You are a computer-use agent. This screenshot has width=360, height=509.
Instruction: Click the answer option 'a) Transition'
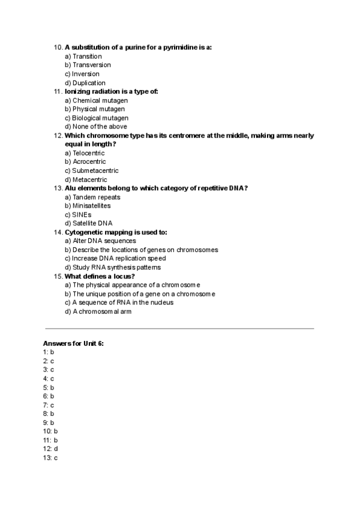pyautogui.click(x=83, y=56)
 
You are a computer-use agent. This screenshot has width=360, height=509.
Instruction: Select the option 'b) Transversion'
pyautogui.click(x=88, y=65)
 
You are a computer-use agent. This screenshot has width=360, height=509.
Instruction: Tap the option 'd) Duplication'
pyautogui.click(x=85, y=83)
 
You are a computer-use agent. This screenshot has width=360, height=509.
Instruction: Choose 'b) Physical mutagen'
pyautogui.click(x=95, y=109)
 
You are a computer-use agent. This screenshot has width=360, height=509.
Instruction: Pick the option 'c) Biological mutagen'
pyautogui.click(x=96, y=118)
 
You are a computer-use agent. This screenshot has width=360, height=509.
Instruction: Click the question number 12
pyautogui.click(x=58, y=136)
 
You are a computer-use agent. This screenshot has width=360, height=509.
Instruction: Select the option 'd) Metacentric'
pyautogui.click(x=86, y=179)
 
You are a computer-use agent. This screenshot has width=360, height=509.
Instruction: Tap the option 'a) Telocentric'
pyautogui.click(x=84, y=153)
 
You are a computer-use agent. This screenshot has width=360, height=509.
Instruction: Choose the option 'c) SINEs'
pyautogui.click(x=78, y=214)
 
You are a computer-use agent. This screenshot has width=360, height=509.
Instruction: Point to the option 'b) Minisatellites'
pyautogui.click(x=88, y=206)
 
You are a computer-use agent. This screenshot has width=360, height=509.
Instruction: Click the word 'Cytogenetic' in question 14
pyautogui.click(x=84, y=232)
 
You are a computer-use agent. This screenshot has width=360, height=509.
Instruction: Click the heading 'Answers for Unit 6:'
pyautogui.click(x=74, y=343)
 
